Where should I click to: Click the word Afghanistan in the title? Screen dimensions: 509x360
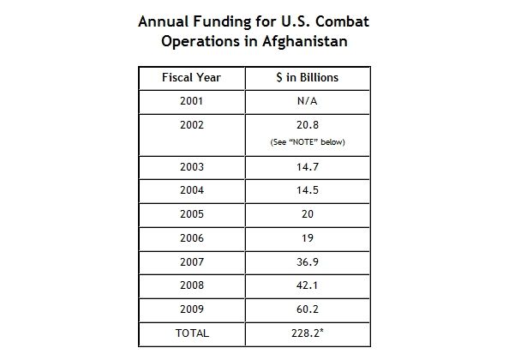pyautogui.click(x=305, y=41)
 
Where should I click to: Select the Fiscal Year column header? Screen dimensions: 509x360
pyautogui.click(x=192, y=78)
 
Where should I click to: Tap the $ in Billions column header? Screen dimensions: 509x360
pyautogui.click(x=308, y=78)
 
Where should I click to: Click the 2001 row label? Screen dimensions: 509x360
pyautogui.click(x=192, y=101)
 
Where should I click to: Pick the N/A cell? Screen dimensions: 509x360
pyautogui.click(x=307, y=101)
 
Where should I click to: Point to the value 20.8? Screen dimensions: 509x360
pyautogui.click(x=308, y=125)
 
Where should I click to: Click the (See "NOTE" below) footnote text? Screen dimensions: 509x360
pyautogui.click(x=308, y=142)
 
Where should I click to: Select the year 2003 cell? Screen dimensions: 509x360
pyautogui.click(x=192, y=167)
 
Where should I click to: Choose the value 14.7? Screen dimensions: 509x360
pyautogui.click(x=308, y=167)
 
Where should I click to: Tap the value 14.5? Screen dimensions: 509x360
pyautogui.click(x=308, y=190)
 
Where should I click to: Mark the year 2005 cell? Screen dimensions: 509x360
pyautogui.click(x=192, y=214)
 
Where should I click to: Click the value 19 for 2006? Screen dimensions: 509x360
pyautogui.click(x=308, y=238)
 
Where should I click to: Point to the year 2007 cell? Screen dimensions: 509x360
pyautogui.click(x=192, y=262)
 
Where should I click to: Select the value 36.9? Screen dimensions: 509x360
pyautogui.click(x=308, y=262)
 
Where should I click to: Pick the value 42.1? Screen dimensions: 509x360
pyautogui.click(x=307, y=285)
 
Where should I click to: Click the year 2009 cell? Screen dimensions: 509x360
pyautogui.click(x=192, y=309)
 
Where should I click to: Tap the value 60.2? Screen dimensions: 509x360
pyautogui.click(x=308, y=309)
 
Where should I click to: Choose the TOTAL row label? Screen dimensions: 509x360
pyautogui.click(x=192, y=333)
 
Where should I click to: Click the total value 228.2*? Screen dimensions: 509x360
pyautogui.click(x=308, y=333)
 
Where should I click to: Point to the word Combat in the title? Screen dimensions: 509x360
pyautogui.click(x=342, y=21)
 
